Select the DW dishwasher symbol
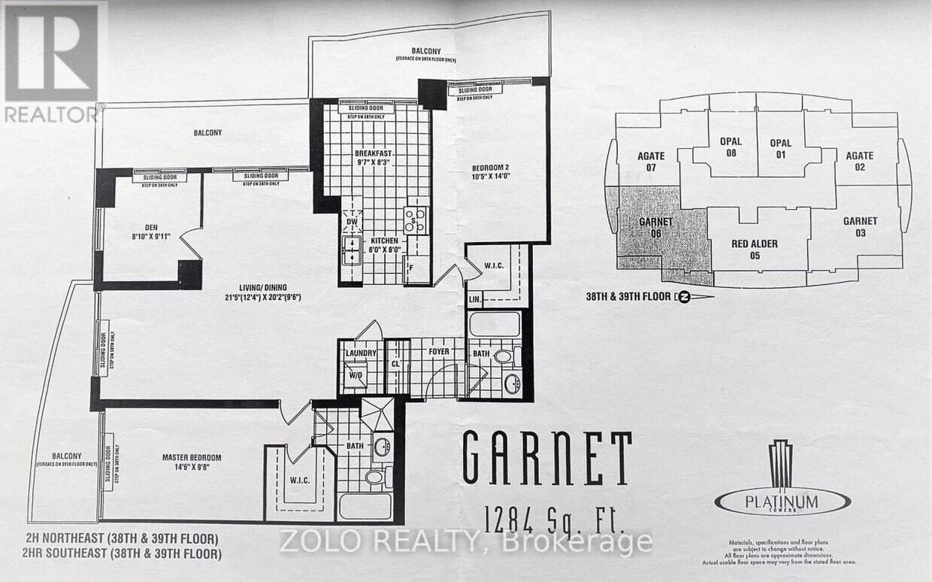point(352,223)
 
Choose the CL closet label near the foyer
point(395,363)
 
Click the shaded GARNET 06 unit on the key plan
point(650,228)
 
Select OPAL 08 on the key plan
point(730,147)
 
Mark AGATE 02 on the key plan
point(859,162)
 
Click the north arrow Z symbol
point(683,296)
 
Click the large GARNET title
point(546,458)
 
